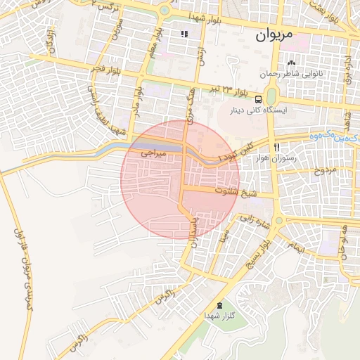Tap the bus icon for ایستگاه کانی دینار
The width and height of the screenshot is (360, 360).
click(x=259, y=99)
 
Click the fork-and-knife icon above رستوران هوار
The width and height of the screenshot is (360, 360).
click(x=277, y=147)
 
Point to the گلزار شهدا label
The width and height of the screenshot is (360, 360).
click(x=221, y=315)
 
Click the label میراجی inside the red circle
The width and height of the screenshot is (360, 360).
click(x=153, y=152)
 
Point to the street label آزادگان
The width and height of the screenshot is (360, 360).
click(x=51, y=44)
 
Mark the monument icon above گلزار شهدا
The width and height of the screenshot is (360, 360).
click(x=221, y=305)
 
